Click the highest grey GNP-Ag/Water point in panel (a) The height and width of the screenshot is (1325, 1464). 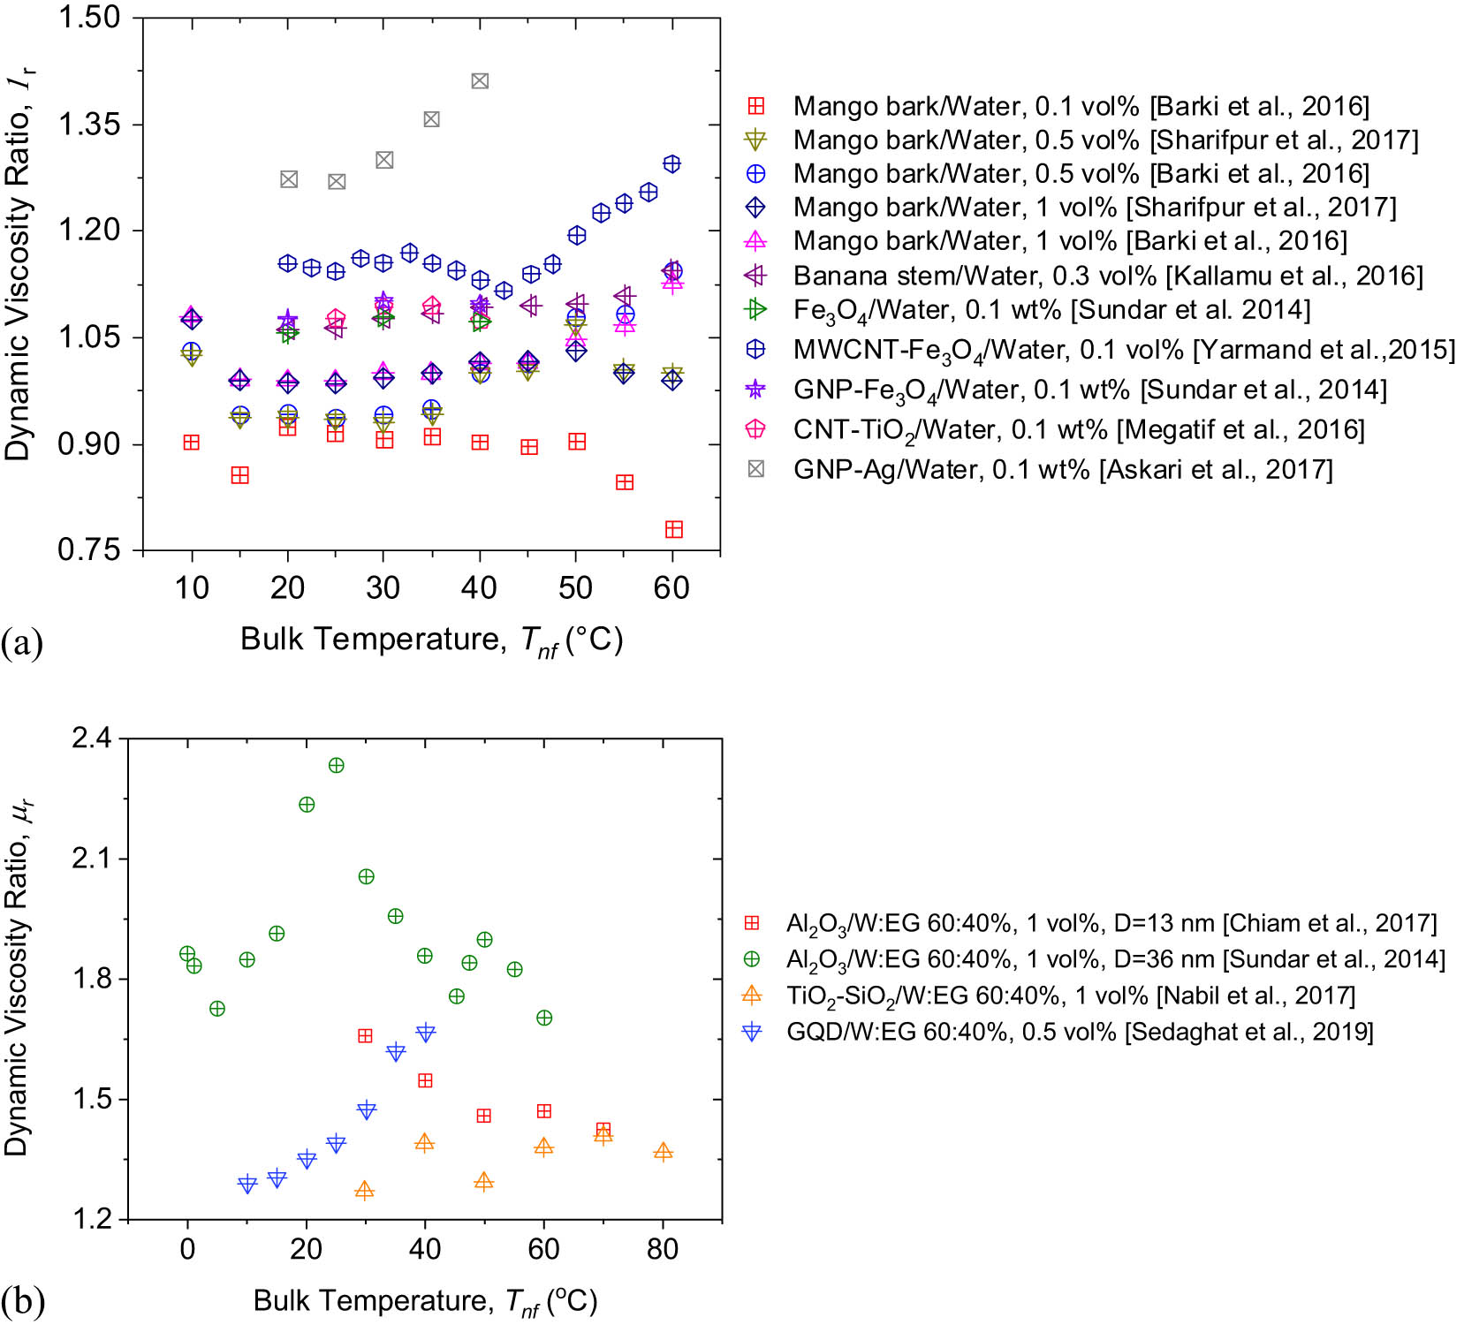coord(480,81)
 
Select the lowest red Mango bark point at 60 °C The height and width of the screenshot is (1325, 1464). coord(673,529)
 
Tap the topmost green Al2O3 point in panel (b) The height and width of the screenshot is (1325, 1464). coord(337,766)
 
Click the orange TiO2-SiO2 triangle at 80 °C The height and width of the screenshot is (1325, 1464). coord(663,1152)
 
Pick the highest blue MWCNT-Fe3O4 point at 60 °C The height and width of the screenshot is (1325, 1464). coord(671,163)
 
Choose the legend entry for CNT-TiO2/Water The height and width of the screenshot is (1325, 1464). coord(1078,430)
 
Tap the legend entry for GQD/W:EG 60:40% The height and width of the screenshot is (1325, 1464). coord(1079,1032)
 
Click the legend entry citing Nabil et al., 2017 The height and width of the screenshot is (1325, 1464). coord(1070,996)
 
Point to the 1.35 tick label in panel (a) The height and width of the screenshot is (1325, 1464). coord(89,125)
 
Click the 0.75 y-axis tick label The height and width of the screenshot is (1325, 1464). coord(89,550)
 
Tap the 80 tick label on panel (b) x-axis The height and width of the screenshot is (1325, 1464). coord(663,1248)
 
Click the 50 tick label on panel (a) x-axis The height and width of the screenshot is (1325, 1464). coord(575,587)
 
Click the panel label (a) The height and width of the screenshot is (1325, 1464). coord(22,642)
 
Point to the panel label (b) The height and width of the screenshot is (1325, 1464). coord(23,1301)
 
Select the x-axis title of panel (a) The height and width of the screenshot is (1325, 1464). coord(431,640)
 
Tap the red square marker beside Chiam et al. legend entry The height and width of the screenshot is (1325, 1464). coord(752,923)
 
